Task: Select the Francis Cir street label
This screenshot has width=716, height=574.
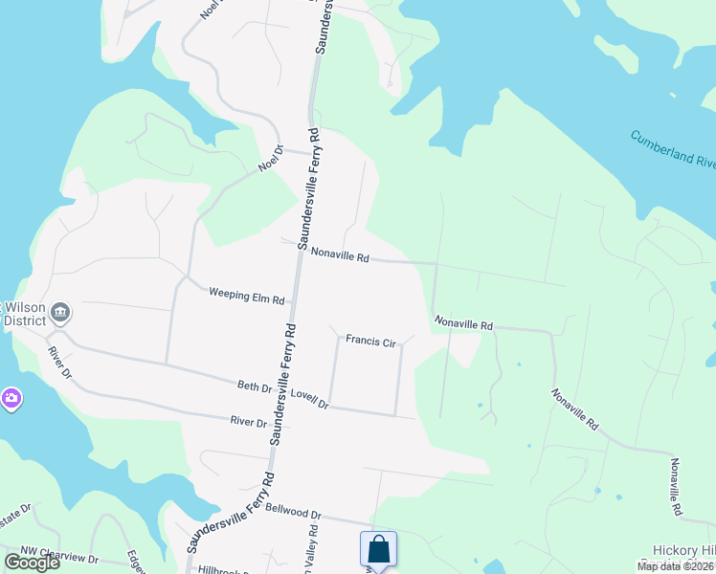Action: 370,342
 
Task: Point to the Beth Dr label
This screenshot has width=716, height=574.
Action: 254,386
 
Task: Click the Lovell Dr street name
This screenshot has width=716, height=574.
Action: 309,399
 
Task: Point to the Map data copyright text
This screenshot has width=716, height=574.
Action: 674,566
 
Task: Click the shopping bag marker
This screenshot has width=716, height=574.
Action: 378,549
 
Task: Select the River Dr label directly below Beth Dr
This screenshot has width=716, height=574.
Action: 247,421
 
